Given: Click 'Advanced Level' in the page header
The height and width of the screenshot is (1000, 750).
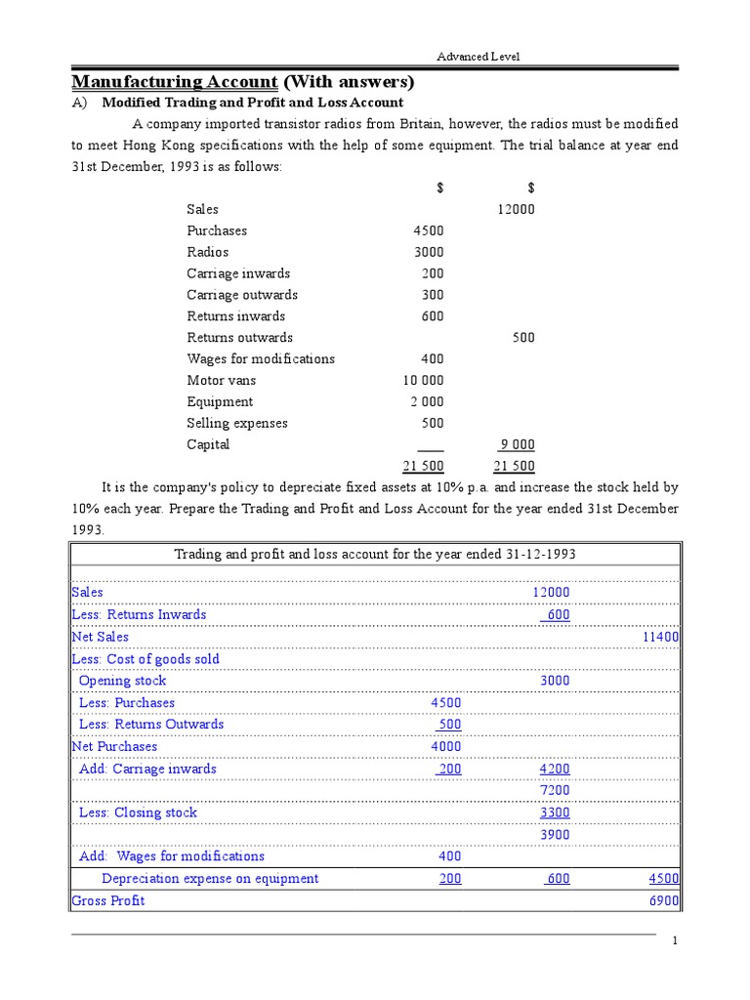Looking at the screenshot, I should tap(478, 57).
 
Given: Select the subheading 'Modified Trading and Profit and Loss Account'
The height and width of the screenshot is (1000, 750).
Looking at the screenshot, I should tap(253, 103).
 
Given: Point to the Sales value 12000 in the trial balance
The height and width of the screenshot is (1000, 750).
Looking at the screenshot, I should tap(516, 209).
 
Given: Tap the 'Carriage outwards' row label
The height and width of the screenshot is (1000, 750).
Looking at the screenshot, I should tap(242, 295).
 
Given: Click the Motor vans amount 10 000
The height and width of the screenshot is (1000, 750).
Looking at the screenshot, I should tap(422, 381).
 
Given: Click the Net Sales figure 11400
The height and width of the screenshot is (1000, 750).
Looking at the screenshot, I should tap(660, 637).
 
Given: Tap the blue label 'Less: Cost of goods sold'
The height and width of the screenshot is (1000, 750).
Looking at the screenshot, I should tap(146, 659).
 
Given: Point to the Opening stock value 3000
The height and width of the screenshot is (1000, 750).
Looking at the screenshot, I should tap(555, 681).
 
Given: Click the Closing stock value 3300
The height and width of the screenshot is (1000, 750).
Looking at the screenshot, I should tap(555, 812).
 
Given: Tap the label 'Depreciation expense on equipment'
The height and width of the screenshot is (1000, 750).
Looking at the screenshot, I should tap(210, 879).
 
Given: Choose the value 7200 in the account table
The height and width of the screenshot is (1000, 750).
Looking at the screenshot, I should tap(555, 790).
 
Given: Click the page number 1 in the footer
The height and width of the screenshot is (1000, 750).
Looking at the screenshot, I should tap(674, 940).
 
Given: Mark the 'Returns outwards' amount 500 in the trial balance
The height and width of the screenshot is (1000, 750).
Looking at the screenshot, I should tap(523, 338).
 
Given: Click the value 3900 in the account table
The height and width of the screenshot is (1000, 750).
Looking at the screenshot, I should tap(555, 834).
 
